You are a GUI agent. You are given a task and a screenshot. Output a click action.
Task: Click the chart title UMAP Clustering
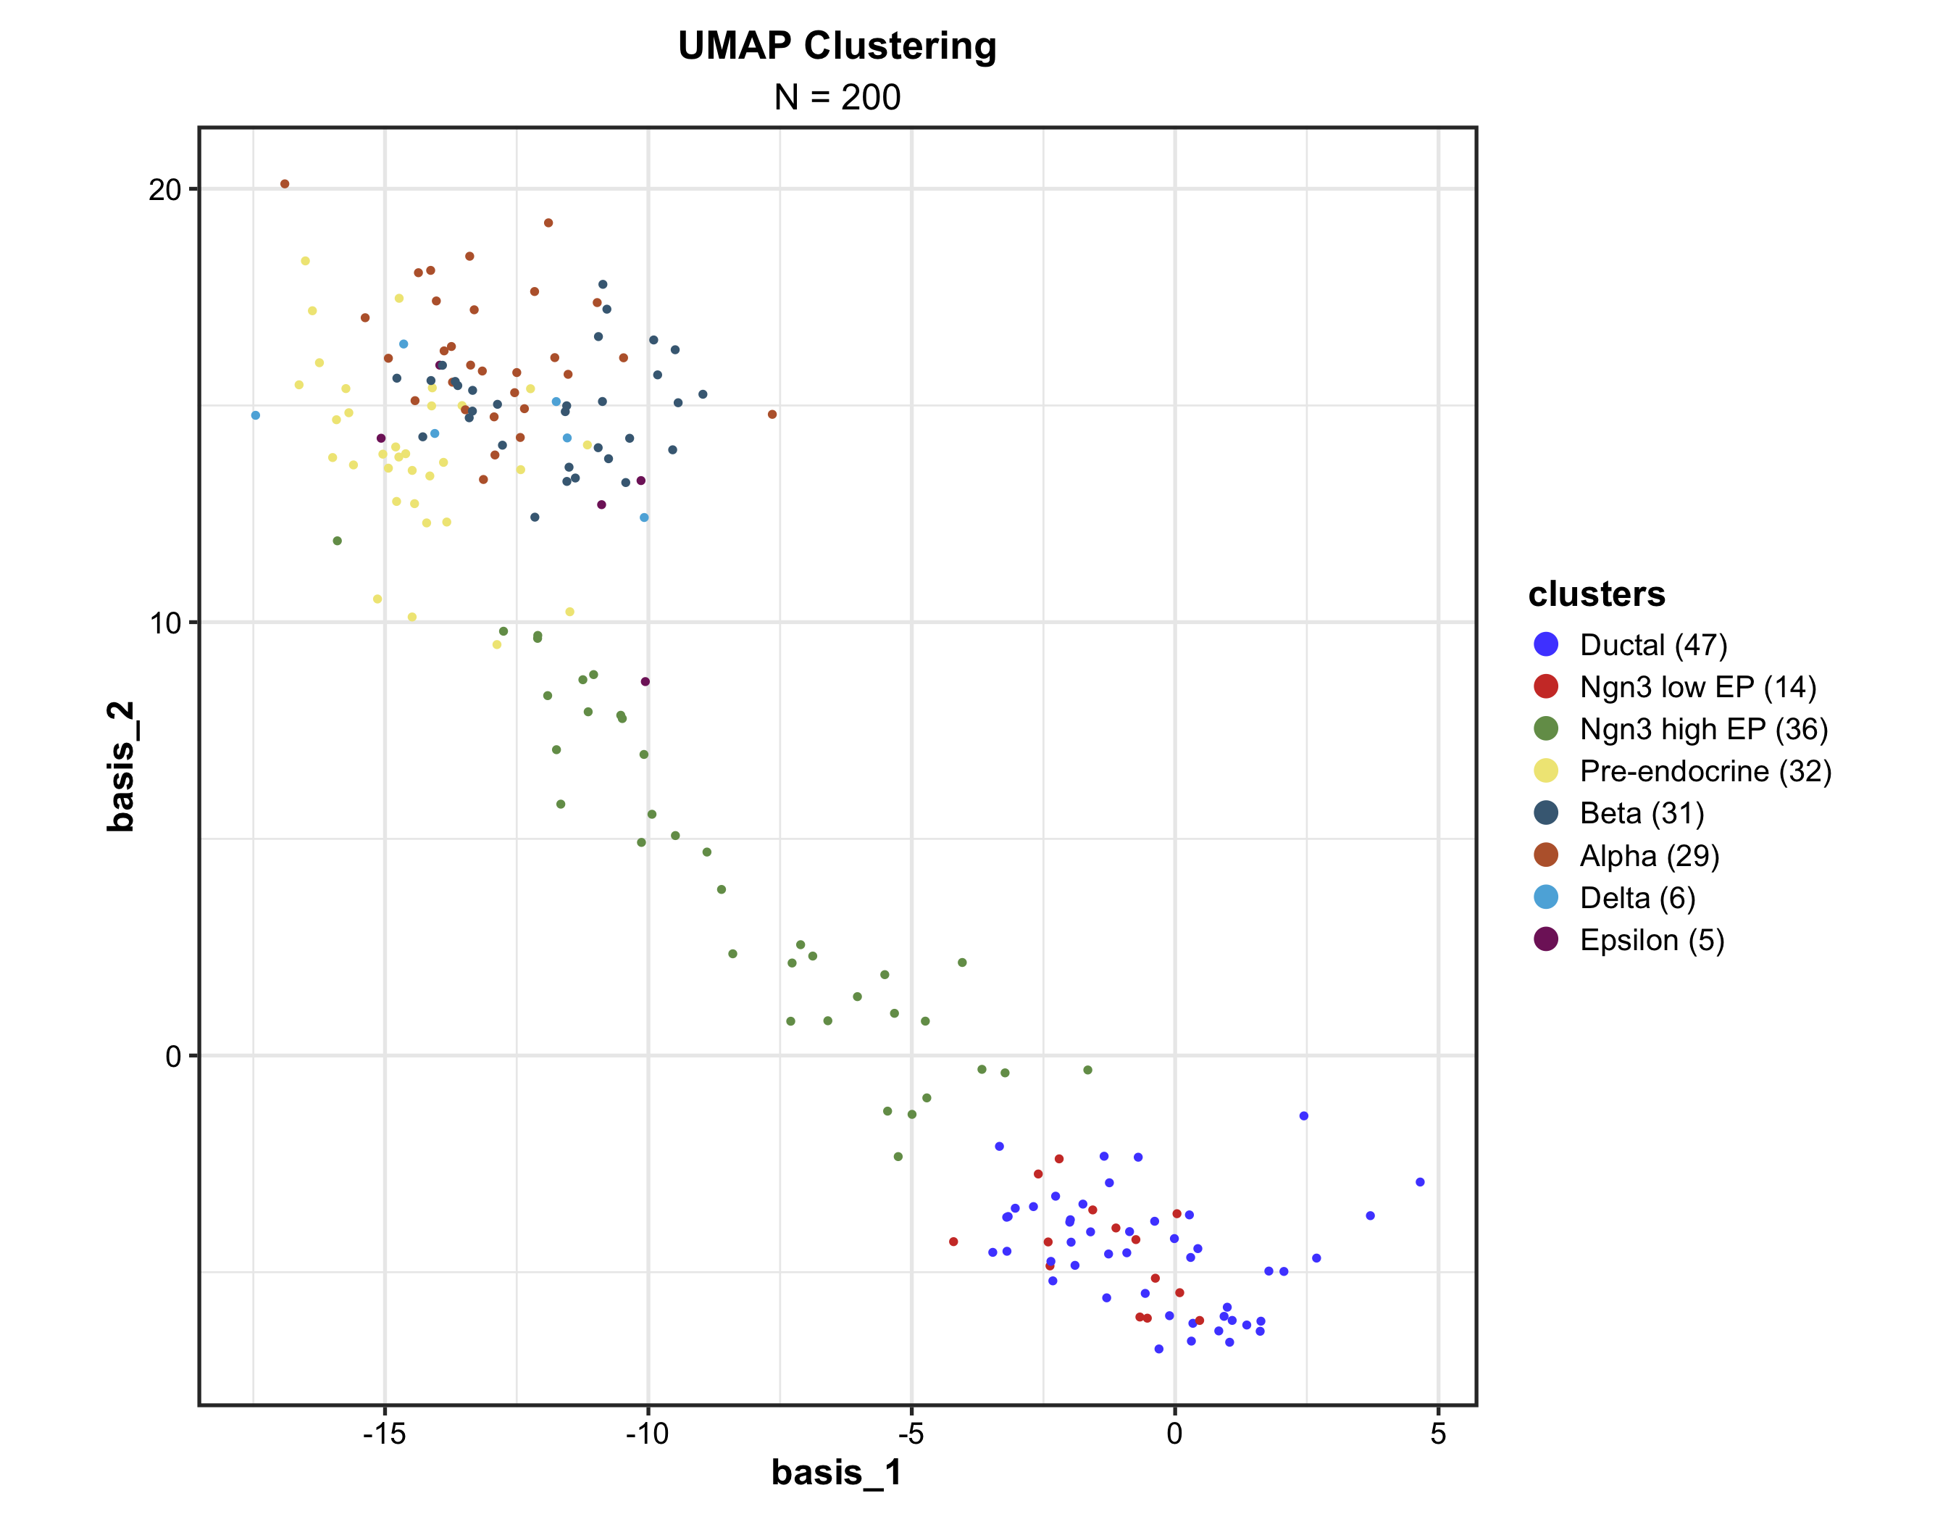tap(837, 46)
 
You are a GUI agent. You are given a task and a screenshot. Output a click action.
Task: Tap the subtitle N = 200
tap(837, 96)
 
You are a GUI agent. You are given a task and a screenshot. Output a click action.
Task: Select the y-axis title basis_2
tap(120, 766)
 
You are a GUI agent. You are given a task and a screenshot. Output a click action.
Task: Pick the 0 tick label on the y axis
tap(173, 1056)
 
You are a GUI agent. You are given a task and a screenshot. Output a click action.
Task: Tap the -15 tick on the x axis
tap(384, 1434)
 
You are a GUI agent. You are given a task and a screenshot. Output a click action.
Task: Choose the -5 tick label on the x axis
tap(911, 1434)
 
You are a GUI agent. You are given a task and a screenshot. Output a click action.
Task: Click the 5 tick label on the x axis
tap(1437, 1434)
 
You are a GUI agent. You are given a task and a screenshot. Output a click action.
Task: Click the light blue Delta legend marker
tap(1546, 897)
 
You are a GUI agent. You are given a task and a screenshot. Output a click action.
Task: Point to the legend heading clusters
tap(1596, 594)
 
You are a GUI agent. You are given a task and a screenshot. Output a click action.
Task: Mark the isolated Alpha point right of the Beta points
tap(772, 415)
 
